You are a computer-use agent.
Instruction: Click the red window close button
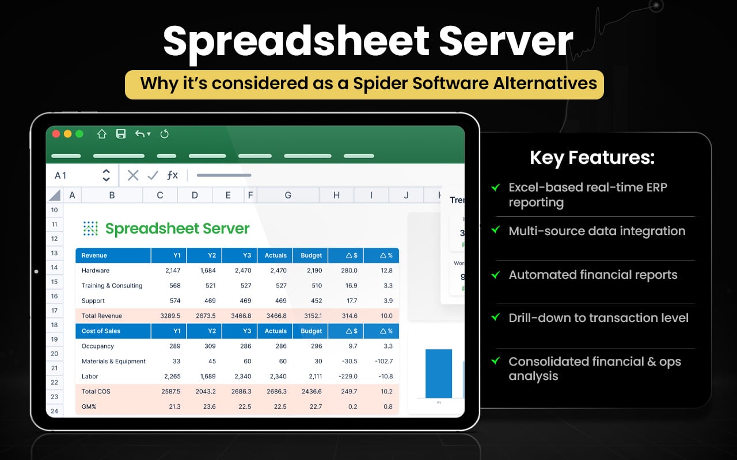(56, 134)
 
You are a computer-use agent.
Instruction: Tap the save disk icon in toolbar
(121, 134)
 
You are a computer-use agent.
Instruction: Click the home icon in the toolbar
(102, 134)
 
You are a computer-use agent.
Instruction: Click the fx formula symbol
(172, 175)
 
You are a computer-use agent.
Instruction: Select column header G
(288, 195)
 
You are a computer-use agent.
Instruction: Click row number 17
(54, 310)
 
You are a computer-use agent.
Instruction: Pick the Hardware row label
(96, 270)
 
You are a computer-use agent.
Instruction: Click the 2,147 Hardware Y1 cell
(172, 270)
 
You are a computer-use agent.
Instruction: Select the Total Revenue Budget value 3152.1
(311, 316)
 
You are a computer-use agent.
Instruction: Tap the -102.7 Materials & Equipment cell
(382, 361)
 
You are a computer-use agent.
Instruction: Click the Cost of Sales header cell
(101, 331)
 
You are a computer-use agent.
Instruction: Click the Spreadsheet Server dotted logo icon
(90, 229)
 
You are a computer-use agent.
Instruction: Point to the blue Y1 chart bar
(439, 374)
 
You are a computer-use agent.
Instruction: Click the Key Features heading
(592, 158)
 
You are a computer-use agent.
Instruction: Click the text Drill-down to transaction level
(598, 318)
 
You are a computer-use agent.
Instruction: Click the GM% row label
(90, 407)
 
